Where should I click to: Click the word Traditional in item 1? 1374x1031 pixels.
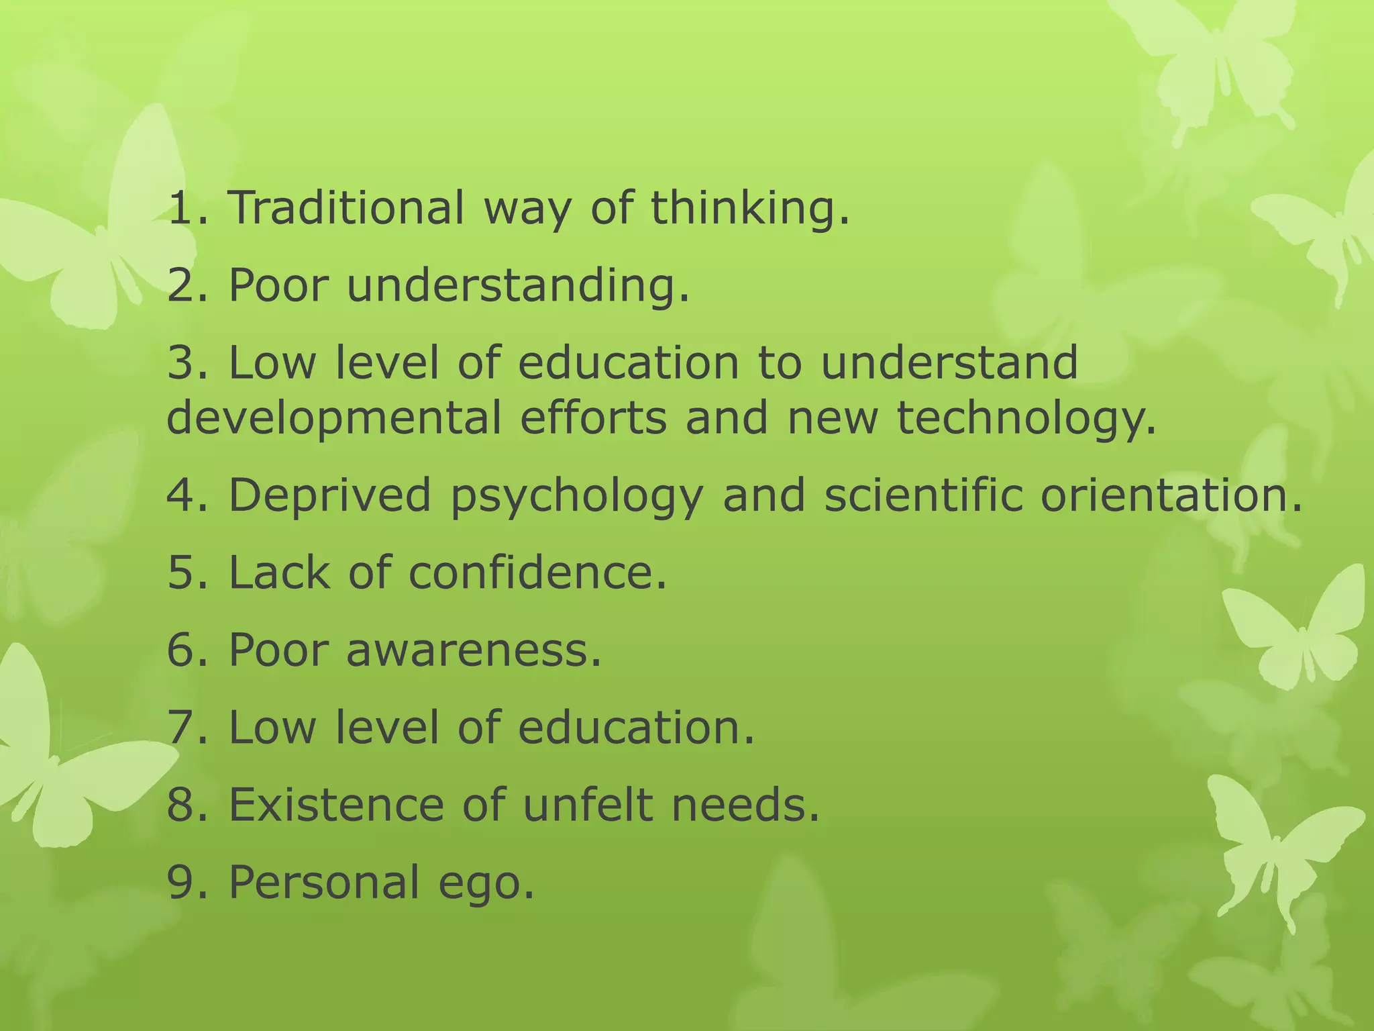coord(346,207)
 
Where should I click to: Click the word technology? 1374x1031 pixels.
coord(1026,418)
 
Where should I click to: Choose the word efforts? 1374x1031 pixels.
coord(593,418)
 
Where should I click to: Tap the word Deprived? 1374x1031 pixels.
coord(329,495)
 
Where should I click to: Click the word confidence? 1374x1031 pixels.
coord(537,573)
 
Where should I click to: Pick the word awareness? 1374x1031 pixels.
coord(474,650)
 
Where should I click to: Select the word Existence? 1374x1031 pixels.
coord(336,805)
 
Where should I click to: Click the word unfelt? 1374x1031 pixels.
coord(588,805)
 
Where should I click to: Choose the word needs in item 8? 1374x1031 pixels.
coord(745,805)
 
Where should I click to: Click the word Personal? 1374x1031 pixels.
coord(324,882)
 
